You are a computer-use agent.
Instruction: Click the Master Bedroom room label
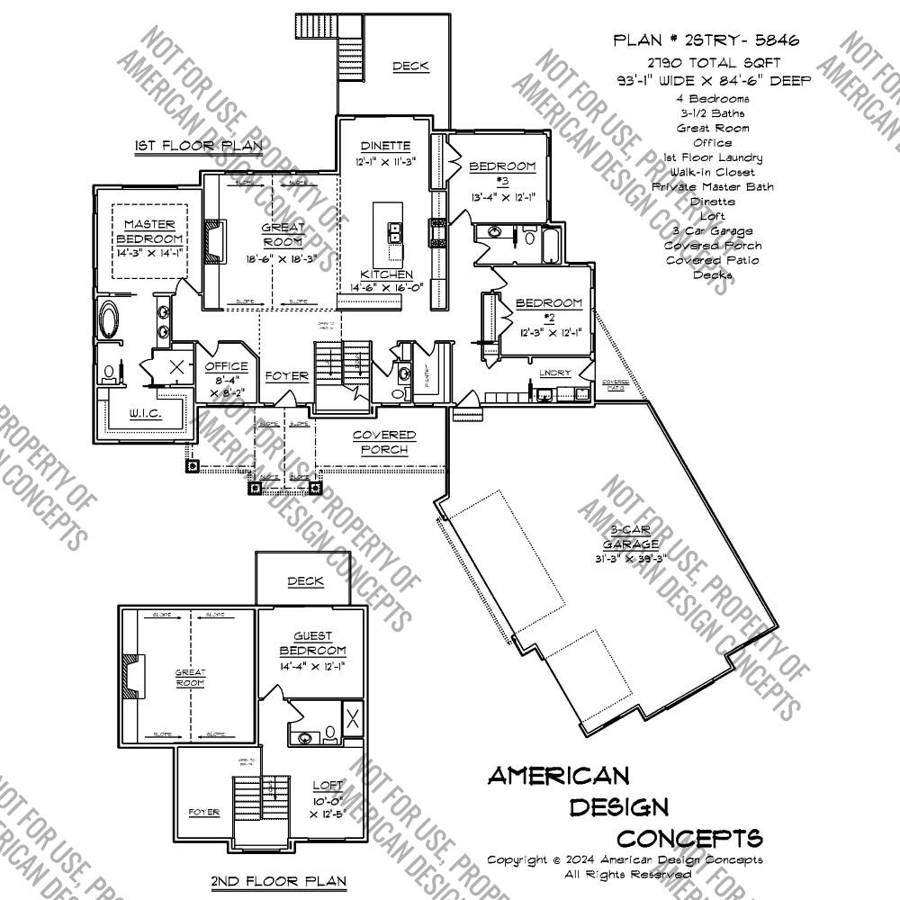tap(149, 231)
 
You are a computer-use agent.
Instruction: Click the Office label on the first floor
tap(225, 367)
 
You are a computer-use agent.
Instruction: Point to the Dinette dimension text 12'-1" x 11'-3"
tap(385, 162)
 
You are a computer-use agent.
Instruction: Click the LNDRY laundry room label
tap(555, 373)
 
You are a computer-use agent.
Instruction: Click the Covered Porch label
tap(384, 442)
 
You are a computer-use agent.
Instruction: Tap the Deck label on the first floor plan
tap(410, 66)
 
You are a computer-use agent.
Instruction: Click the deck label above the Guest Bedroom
tap(305, 581)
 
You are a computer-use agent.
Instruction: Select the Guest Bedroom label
tap(312, 643)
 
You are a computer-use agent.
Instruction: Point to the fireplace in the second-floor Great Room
tap(132, 678)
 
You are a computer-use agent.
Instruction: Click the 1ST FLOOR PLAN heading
tap(199, 146)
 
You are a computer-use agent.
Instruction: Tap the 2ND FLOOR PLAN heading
tap(278, 881)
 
